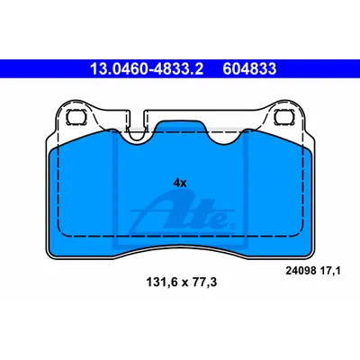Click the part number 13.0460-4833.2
[x=147, y=69]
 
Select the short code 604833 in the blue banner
[x=249, y=69]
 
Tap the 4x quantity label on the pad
[x=180, y=183]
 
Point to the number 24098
[x=301, y=271]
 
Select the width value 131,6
[x=162, y=282]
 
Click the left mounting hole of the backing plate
[x=76, y=116]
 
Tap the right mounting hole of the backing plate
[x=283, y=116]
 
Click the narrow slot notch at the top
[x=138, y=124]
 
